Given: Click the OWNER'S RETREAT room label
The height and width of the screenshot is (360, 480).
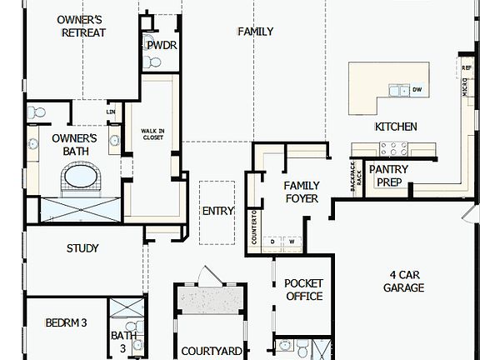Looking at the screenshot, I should coord(80,25).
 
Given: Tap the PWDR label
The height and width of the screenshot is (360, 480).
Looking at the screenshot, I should coord(162,45).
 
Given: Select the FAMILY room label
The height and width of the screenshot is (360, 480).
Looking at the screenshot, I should coord(255,32).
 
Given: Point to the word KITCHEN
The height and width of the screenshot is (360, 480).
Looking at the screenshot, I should coord(396,127).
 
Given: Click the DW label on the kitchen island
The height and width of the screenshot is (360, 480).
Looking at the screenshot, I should coord(417,90).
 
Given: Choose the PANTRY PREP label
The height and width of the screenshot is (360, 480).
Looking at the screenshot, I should coord(387,175).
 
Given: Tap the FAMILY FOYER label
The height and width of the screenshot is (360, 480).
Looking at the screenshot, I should coord(302,192).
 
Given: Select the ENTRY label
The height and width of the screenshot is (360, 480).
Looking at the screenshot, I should coord(218,211).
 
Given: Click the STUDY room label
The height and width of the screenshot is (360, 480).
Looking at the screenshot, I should coord(82,248).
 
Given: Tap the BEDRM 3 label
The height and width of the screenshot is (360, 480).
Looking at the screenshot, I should coord(66,322).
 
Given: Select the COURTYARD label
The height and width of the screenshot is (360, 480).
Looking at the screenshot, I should coord(212,352).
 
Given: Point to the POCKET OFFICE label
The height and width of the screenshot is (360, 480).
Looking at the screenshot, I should coord(303,290).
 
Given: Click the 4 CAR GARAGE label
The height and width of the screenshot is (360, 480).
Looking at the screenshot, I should coord(403,281).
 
